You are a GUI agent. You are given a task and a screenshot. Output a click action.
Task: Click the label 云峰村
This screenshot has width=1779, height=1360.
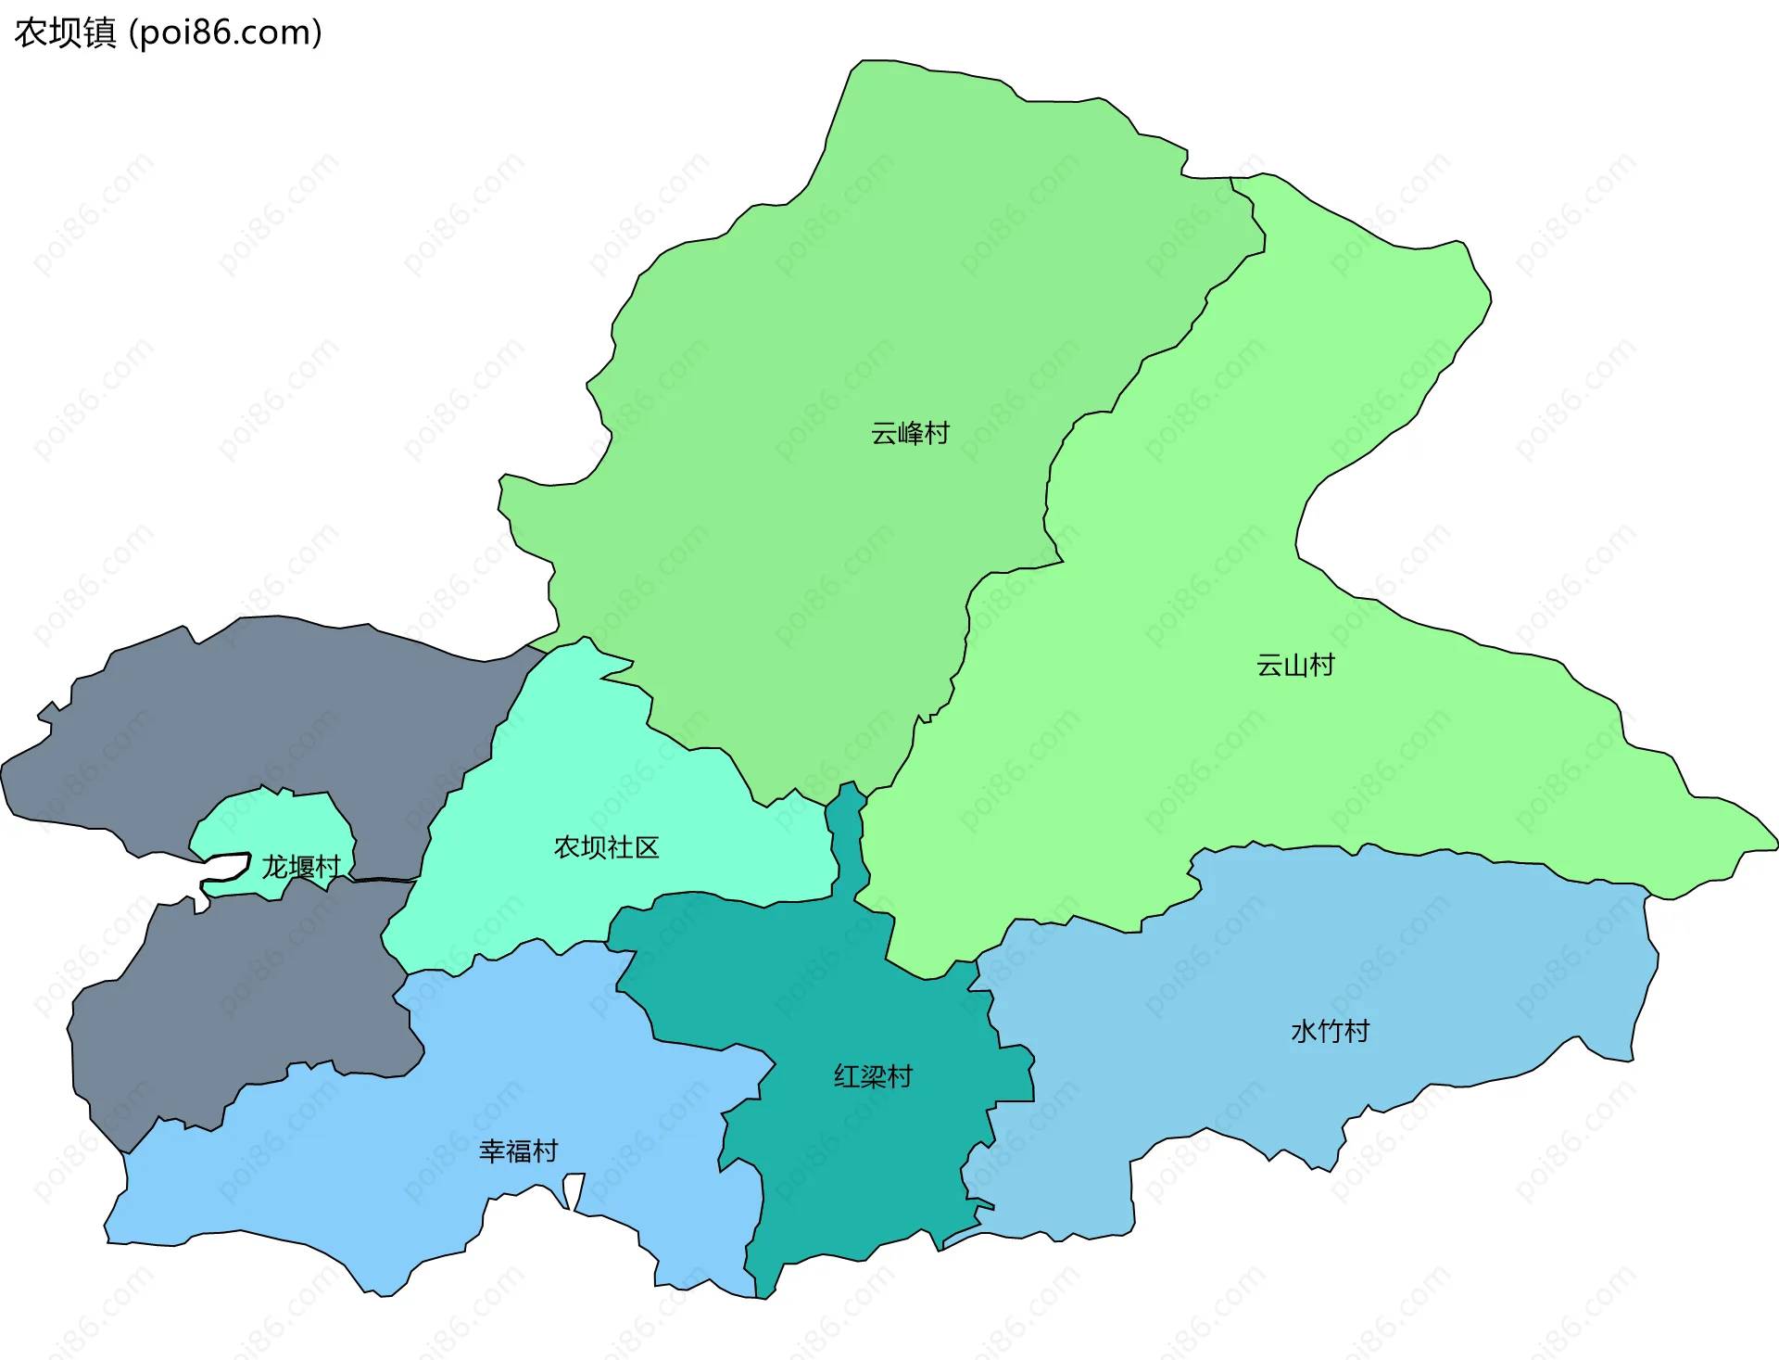click(x=910, y=433)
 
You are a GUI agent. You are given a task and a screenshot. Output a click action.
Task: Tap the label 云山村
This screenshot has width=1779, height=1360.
click(x=1294, y=665)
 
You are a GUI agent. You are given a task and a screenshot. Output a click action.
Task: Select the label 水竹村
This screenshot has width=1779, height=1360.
click(x=1330, y=1031)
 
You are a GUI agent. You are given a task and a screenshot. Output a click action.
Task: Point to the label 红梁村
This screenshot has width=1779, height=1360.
click(x=873, y=1076)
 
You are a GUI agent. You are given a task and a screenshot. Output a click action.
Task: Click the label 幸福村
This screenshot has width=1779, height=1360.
click(x=518, y=1150)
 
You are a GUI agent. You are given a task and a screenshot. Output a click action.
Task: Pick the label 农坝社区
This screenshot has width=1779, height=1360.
click(x=606, y=846)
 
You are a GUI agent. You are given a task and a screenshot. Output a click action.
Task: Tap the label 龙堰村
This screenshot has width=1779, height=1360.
click(x=301, y=867)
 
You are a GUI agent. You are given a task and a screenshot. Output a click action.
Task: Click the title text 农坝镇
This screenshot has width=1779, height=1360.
click(x=65, y=32)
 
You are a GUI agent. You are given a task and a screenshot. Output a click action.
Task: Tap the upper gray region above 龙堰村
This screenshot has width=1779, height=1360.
click(x=278, y=714)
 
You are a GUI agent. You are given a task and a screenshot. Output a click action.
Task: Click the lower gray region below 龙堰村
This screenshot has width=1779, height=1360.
click(x=250, y=992)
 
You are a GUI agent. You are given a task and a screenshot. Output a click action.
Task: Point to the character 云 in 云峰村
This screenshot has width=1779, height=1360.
click(x=884, y=433)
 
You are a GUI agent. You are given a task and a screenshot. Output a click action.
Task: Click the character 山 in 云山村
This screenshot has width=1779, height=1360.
click(x=1294, y=665)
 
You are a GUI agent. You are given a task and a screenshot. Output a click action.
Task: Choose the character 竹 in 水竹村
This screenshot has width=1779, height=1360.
click(x=1330, y=1031)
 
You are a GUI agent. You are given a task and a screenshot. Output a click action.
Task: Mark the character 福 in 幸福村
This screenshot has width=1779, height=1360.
click(x=518, y=1150)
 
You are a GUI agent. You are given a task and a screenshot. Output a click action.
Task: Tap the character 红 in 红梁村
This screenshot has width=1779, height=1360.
click(x=847, y=1076)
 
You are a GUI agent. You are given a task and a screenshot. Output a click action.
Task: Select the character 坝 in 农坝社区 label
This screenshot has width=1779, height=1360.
click(x=593, y=846)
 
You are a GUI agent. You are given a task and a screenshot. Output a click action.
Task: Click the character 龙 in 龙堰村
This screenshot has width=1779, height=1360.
click(x=275, y=867)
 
